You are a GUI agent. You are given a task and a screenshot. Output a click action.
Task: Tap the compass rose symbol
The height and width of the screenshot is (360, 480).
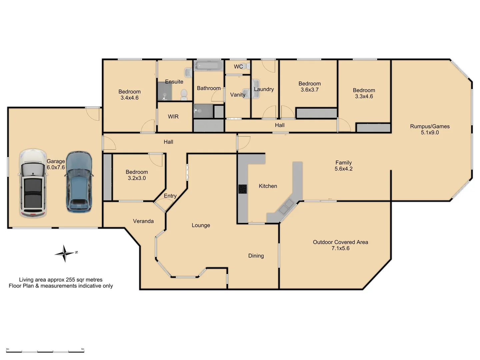pyautogui.click(x=65, y=254)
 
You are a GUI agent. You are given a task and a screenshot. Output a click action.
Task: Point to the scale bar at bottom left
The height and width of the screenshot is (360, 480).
pyautogui.click(x=45, y=351)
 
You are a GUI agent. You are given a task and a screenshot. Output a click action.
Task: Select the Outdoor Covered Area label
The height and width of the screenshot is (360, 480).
pyautogui.click(x=340, y=242)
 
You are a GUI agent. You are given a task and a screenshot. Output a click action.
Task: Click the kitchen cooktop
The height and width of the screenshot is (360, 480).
pyautogui.click(x=243, y=189)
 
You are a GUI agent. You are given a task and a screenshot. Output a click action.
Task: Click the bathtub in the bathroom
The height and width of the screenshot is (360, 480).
pyautogui.click(x=209, y=66)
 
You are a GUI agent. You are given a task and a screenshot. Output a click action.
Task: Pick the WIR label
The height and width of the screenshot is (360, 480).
pyautogui.click(x=173, y=117)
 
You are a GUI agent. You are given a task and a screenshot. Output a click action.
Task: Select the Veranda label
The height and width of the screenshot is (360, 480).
pyautogui.click(x=143, y=221)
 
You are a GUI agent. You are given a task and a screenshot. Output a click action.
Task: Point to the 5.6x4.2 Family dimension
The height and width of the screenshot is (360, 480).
pyautogui.click(x=343, y=169)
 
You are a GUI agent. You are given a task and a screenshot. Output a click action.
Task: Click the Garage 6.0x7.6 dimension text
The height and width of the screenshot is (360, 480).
pyautogui.click(x=56, y=167)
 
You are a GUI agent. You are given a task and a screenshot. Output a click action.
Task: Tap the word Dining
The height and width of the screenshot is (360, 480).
pyautogui.click(x=256, y=256)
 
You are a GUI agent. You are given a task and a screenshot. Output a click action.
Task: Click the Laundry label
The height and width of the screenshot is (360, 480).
pyautogui.click(x=264, y=89)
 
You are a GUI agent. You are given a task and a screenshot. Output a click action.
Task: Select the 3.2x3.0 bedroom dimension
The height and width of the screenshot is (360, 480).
pyautogui.click(x=137, y=178)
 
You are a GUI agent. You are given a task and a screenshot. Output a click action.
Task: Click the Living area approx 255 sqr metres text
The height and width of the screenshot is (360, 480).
pyautogui.click(x=61, y=280)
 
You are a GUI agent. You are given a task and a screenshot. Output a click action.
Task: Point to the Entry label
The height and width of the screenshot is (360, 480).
pyautogui.click(x=170, y=196)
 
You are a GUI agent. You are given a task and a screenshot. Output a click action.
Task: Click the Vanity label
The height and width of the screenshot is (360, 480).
pyautogui.click(x=238, y=95)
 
